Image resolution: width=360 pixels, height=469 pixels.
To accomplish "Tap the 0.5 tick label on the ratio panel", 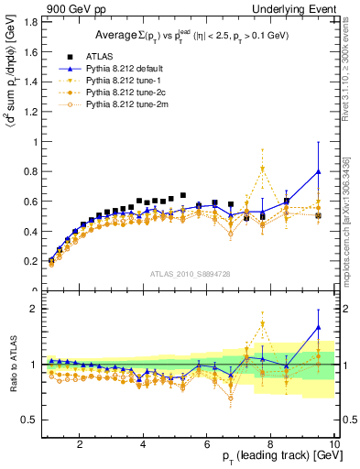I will [x=30, y=420].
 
